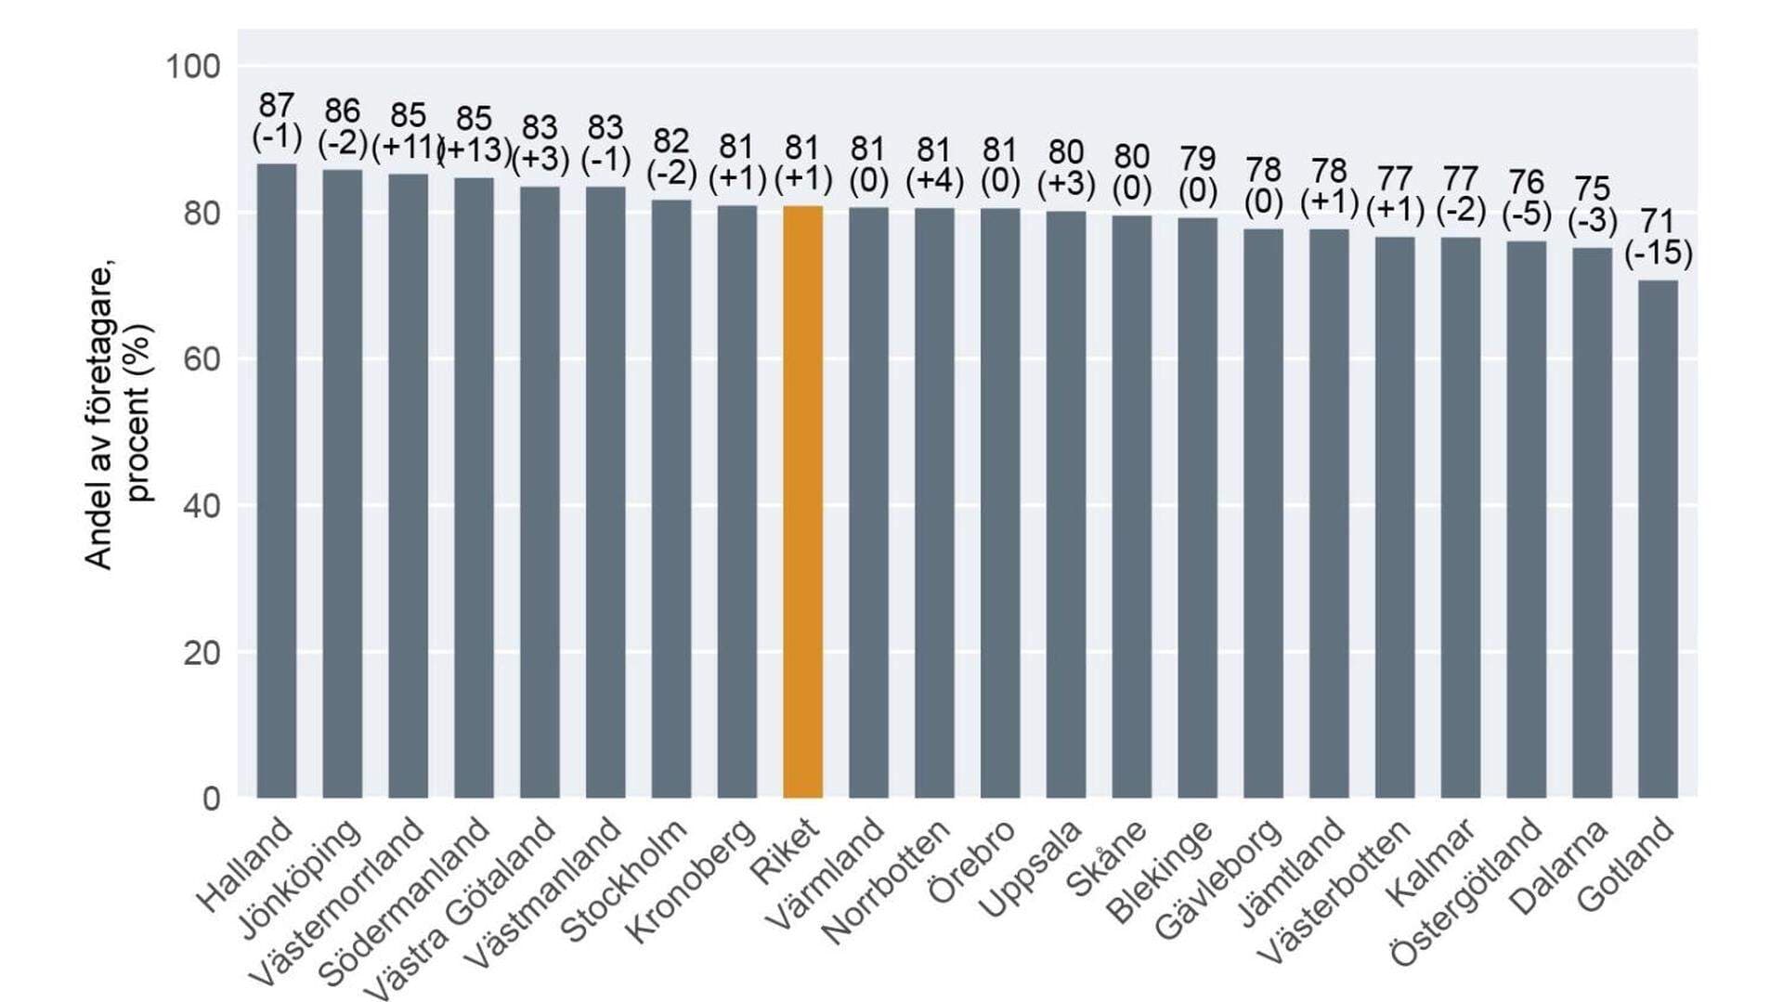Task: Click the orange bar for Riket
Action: [x=802, y=501]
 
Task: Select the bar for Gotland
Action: [x=1658, y=539]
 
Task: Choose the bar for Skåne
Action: [x=1131, y=506]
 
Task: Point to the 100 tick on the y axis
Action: [x=192, y=67]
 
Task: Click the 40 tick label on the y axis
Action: [x=201, y=506]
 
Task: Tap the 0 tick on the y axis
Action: [x=212, y=799]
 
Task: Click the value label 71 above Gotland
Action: [x=1658, y=221]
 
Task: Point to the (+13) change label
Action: [x=475, y=150]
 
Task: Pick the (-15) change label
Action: [x=1658, y=253]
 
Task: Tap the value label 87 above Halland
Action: [x=277, y=105]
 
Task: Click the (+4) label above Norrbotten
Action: [x=934, y=180]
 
